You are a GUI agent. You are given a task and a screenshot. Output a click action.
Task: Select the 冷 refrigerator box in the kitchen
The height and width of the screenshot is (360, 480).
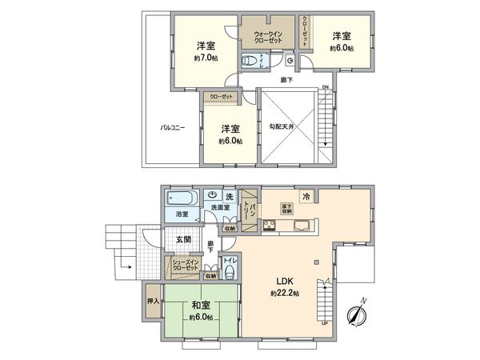click(306, 196)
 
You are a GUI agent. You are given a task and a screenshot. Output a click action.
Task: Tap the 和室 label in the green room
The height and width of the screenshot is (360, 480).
click(200, 305)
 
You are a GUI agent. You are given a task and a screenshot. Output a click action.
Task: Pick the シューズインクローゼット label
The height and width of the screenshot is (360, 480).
click(183, 264)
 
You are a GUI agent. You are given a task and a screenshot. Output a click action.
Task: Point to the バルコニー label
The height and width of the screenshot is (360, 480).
click(173, 127)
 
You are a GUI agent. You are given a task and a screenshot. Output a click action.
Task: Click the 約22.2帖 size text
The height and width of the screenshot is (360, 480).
click(284, 294)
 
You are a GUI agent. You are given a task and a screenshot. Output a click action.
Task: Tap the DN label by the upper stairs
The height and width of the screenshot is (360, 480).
click(326, 88)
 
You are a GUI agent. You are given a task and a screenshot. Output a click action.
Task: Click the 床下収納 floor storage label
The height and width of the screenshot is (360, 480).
click(286, 209)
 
